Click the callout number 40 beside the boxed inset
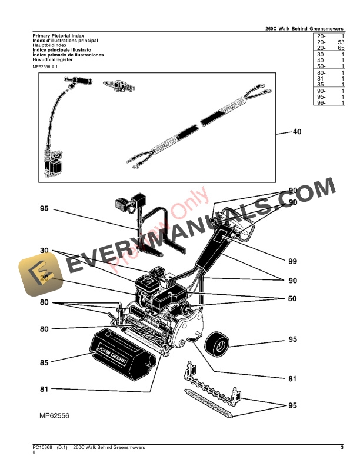(297, 132)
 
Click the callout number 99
(292, 261)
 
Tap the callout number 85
(44, 363)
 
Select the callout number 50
(292, 299)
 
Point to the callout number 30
(44, 251)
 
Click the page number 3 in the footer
(342, 448)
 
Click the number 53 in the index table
(341, 43)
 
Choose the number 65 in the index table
(341, 48)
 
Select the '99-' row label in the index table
(321, 103)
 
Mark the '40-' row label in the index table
(321, 61)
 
